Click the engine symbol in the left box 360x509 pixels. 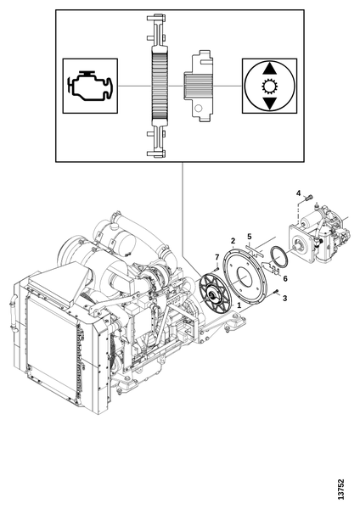coord(90,86)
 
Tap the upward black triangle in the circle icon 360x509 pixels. coord(269,70)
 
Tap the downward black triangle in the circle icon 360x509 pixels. coord(269,103)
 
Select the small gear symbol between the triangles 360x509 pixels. coord(269,87)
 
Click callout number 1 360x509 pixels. coord(239,305)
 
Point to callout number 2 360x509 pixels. coord(233,241)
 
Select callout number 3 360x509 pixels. coord(284,299)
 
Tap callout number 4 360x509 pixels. coord(298,193)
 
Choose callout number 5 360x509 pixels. coord(250,237)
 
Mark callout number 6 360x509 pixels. coord(285,278)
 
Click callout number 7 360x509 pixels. coord(217,257)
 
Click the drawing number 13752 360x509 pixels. coord(340,489)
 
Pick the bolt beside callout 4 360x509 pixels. coord(309,197)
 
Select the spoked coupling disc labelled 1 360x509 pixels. coord(214,294)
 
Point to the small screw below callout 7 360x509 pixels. coord(216,269)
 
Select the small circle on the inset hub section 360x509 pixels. coord(199,108)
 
